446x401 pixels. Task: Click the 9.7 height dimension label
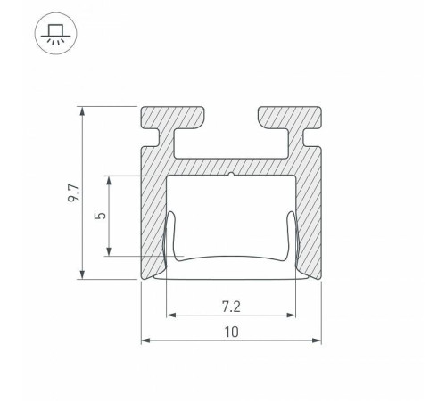[x=73, y=193]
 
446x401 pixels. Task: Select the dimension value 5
[x=101, y=216]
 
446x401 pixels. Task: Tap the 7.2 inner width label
[x=231, y=307]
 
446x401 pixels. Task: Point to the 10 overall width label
[x=231, y=332]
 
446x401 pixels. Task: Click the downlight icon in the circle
[x=56, y=33]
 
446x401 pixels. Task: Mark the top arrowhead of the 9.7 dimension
[x=82, y=111]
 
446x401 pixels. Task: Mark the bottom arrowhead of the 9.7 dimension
[x=82, y=274]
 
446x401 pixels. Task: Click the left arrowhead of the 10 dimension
[x=146, y=340]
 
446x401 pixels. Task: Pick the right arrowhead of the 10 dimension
[x=317, y=340]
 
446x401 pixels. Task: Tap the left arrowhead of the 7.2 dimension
[x=171, y=315]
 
